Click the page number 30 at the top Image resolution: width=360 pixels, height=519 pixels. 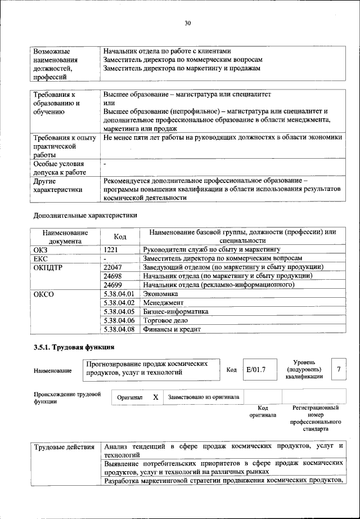click(x=188, y=23)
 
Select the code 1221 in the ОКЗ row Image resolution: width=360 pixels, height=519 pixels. click(x=112, y=248)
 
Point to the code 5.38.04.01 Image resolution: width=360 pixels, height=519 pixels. click(x=119, y=294)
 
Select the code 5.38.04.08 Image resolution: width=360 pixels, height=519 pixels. click(x=119, y=329)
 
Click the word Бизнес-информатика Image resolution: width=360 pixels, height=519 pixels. click(x=175, y=311)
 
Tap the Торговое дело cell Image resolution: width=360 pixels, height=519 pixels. click(x=168, y=320)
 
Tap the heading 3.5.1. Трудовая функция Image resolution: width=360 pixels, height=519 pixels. click(x=74, y=347)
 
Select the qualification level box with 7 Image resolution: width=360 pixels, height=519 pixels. click(x=338, y=369)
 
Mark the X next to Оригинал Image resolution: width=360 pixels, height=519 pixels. click(x=155, y=397)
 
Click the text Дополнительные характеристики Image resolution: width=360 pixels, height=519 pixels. click(x=85, y=215)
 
